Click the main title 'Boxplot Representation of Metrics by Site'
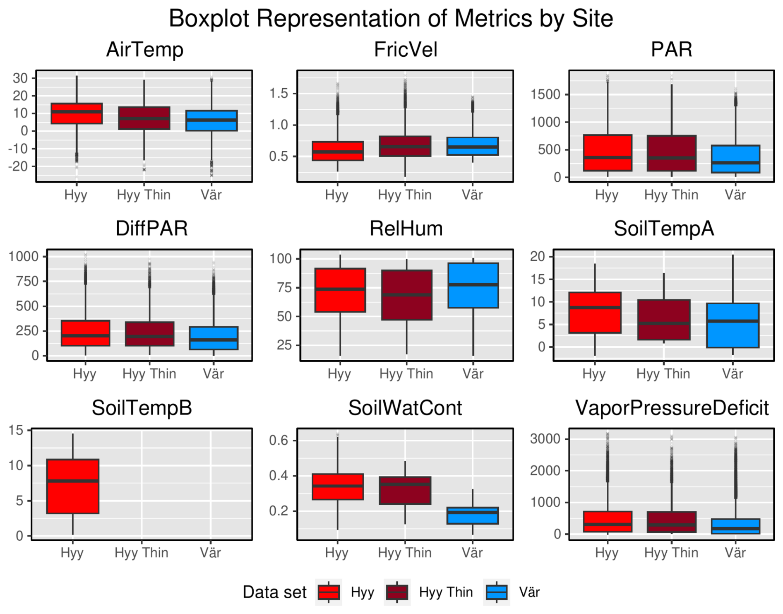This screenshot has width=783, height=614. (x=391, y=19)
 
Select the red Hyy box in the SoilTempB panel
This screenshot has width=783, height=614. (x=73, y=486)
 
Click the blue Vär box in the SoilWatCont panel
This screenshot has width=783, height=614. (x=473, y=515)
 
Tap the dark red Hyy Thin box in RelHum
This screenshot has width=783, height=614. (x=406, y=295)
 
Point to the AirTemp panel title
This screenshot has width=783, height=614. (x=144, y=50)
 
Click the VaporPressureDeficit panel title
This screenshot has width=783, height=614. (x=672, y=408)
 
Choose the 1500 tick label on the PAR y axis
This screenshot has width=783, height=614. (x=545, y=94)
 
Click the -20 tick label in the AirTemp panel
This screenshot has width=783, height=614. (x=18, y=166)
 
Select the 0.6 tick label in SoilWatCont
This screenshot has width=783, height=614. (x=279, y=440)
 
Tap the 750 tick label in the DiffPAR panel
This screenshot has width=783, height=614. (x=27, y=281)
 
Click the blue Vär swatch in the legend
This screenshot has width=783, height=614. (x=496, y=592)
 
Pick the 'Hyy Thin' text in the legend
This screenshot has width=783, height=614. (x=446, y=592)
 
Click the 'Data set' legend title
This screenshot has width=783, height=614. (x=274, y=592)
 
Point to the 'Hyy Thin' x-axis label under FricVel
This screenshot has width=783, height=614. (x=405, y=195)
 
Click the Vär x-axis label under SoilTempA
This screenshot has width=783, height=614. (x=733, y=374)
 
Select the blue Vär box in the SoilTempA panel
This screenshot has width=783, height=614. (x=733, y=325)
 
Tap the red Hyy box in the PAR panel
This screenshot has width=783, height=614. (x=608, y=152)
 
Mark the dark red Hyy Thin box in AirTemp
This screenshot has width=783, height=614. (x=144, y=118)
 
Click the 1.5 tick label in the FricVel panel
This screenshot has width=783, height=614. (x=279, y=94)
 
